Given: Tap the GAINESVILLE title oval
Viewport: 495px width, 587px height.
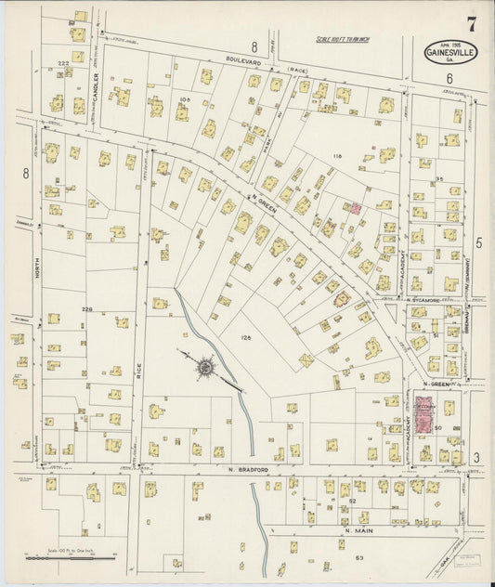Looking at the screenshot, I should click(449, 54).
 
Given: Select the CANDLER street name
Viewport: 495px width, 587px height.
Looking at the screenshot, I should click(96, 87).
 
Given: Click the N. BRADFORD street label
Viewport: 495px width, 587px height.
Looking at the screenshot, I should click(248, 470).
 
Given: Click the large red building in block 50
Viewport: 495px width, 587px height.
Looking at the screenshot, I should click(425, 415).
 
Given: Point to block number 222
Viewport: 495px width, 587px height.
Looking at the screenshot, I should click(63, 63).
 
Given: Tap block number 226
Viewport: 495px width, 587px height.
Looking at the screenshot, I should click(86, 309).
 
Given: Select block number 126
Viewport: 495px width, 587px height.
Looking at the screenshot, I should click(246, 338).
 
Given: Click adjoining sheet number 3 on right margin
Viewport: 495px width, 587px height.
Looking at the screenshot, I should click(476, 457).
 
